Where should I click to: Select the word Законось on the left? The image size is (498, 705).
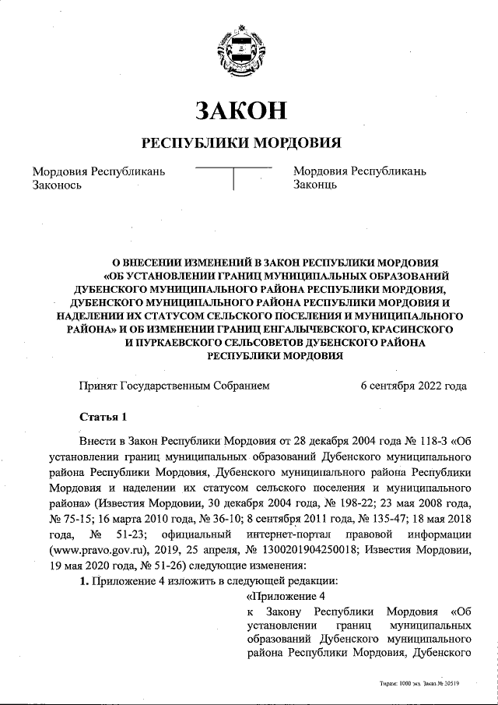(x=56, y=185)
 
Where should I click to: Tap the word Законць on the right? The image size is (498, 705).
(x=314, y=185)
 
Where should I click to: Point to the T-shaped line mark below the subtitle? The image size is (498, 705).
(x=233, y=176)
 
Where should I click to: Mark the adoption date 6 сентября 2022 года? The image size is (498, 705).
(x=414, y=385)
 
